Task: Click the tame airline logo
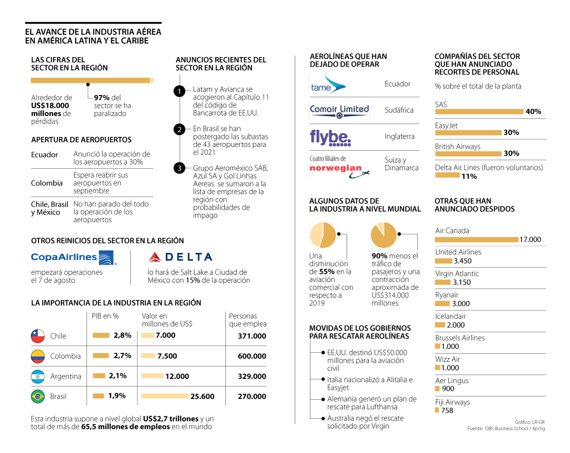pyautogui.click(x=328, y=85)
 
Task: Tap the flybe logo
pyautogui.click(x=331, y=137)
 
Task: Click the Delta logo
pyautogui.click(x=180, y=257)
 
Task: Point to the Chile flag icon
pyautogui.click(x=38, y=336)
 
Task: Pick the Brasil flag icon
pyautogui.click(x=38, y=396)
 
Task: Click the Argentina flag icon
pyautogui.click(x=38, y=376)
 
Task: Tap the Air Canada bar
pyautogui.click(x=476, y=240)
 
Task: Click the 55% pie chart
pyautogui.click(x=323, y=235)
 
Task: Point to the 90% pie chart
pyautogui.click(x=384, y=235)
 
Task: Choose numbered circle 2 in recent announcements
pyautogui.click(x=179, y=129)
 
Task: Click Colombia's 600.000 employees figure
pyautogui.click(x=252, y=356)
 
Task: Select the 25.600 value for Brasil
pyautogui.click(x=202, y=396)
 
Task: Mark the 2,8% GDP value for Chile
pyautogui.click(x=123, y=335)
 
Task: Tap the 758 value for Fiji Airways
pyautogui.click(x=447, y=410)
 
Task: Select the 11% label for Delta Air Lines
pyautogui.click(x=469, y=176)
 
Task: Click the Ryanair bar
pyautogui.click(x=442, y=304)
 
